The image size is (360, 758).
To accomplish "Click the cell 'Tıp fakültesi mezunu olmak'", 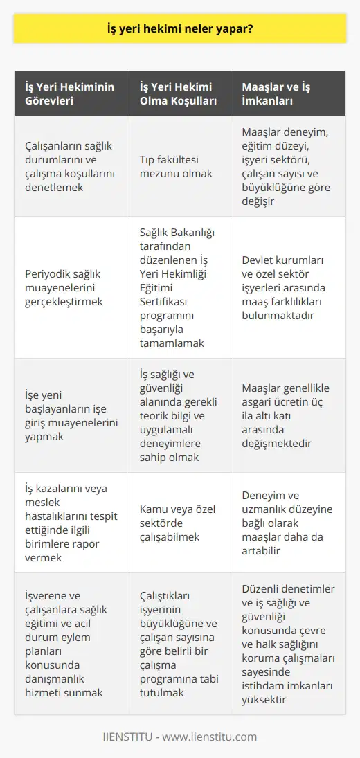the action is (179, 166).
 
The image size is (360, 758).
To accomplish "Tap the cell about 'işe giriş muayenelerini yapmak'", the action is (68, 415).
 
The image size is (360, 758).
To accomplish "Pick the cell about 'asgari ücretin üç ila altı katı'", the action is (287, 415).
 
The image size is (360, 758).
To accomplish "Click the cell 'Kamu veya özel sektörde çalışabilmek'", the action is (179, 523).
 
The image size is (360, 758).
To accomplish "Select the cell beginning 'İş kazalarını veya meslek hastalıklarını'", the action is (68, 523).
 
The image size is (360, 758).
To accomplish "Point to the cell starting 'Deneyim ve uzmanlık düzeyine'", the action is (287, 523).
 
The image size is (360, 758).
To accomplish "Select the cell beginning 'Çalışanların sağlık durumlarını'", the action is (68, 166).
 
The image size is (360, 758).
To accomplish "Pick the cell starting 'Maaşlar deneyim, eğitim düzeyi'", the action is (287, 166).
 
